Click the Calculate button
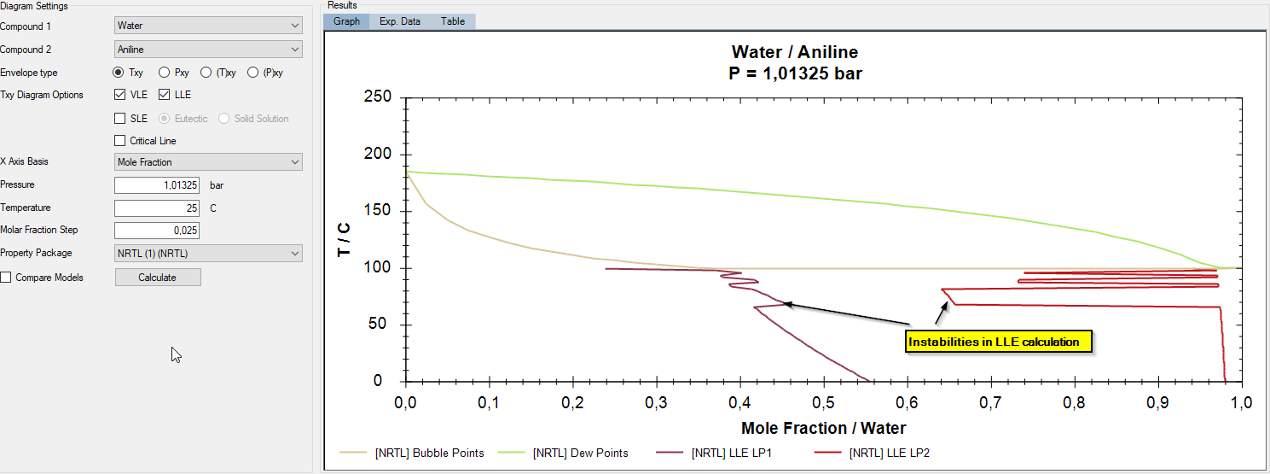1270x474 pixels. [x=158, y=277]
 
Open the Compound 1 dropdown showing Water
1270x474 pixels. [x=208, y=26]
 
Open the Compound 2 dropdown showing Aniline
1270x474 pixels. [x=208, y=50]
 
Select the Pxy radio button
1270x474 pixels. [x=165, y=73]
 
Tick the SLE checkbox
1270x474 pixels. [x=120, y=119]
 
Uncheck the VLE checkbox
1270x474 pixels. [x=120, y=95]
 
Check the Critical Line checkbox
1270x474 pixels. [x=120, y=141]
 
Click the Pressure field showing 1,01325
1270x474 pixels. [x=157, y=184]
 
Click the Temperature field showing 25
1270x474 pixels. [x=157, y=208]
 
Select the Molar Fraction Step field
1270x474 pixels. [x=157, y=230]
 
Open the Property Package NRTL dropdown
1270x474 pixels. [x=208, y=253]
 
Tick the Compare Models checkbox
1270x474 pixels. [x=6, y=278]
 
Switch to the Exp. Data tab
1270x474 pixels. [x=400, y=21]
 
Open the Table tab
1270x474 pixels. [x=453, y=21]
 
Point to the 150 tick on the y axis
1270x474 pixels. [x=381, y=211]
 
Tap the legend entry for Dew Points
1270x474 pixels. [x=580, y=453]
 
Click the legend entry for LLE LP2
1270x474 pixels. [x=896, y=453]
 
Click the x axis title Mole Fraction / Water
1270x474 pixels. [x=824, y=428]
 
